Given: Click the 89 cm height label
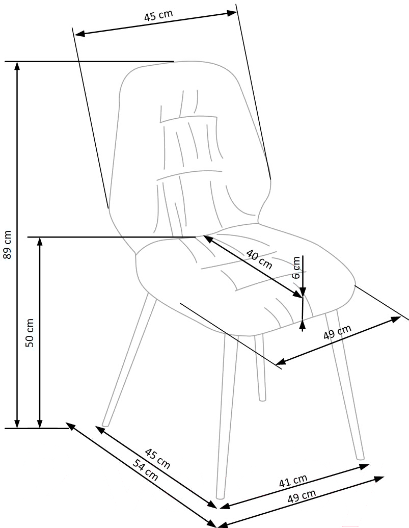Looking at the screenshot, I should tap(7, 245).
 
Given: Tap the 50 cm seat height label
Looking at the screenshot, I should tap(30, 333).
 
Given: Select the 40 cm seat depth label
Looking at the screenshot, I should tap(259, 259).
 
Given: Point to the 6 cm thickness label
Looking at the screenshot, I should tap(296, 267).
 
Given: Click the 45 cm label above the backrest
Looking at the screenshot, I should tap(158, 16).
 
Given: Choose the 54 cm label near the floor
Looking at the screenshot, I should tap(145, 470).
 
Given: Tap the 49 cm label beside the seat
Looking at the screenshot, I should tap(337, 332).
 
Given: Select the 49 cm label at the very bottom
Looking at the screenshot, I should tap(302, 496).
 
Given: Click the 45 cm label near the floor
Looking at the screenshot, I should tap(157, 458).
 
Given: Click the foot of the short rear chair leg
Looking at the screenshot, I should tap(262, 398).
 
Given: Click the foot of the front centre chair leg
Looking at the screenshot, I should tap(221, 494).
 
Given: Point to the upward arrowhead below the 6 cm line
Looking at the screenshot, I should tap(303, 323).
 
